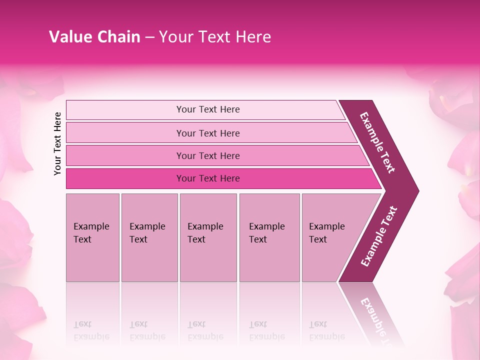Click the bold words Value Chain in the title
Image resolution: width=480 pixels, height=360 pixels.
point(94,37)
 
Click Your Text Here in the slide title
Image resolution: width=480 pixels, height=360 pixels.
point(215,37)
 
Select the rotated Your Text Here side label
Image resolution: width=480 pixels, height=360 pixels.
point(58,143)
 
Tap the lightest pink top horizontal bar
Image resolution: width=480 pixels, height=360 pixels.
point(125,110)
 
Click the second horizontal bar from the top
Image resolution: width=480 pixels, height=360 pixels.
point(125,133)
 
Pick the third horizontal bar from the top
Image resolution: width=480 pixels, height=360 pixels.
point(125,155)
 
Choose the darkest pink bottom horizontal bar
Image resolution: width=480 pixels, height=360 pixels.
point(125,178)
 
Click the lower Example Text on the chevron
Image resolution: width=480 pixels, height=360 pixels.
point(379,236)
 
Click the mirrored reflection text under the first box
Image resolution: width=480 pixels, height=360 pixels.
point(91,330)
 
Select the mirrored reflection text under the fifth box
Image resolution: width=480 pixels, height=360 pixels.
point(326,330)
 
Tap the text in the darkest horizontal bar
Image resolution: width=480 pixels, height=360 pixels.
point(208,178)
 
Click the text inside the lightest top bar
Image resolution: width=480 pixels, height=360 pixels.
point(208,109)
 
